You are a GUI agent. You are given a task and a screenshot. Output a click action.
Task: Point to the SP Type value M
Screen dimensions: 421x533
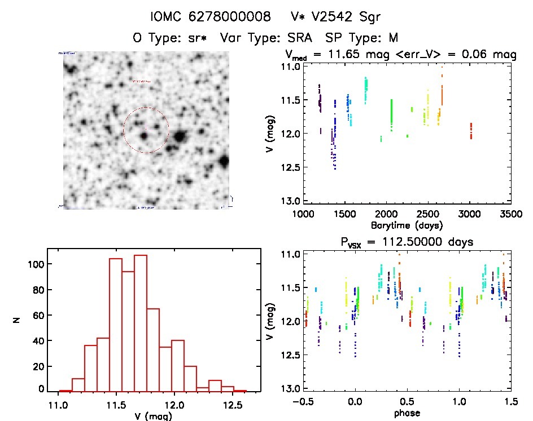[x=392, y=38]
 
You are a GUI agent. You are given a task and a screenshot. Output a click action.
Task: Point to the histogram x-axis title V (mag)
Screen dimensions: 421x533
[x=146, y=416]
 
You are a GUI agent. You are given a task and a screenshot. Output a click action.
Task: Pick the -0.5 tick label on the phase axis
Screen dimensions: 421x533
[x=305, y=402]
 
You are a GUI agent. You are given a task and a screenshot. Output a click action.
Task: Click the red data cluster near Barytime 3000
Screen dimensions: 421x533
[x=471, y=131]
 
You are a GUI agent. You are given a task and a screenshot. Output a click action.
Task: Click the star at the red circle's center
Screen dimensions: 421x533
[x=145, y=135]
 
